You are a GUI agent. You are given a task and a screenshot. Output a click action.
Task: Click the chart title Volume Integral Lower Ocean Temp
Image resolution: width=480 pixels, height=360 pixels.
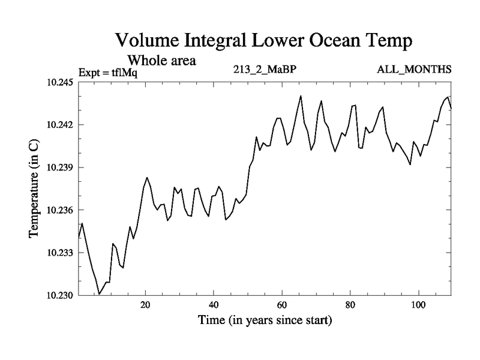click(265, 41)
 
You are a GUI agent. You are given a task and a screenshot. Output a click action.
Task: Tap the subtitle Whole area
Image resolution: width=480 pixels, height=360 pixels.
click(161, 61)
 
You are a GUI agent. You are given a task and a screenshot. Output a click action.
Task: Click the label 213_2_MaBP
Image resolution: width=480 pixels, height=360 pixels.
click(265, 69)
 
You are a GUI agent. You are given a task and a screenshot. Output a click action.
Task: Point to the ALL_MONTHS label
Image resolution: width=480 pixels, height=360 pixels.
click(414, 69)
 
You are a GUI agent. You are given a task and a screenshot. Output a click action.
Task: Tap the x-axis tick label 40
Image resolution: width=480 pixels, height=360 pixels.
click(214, 305)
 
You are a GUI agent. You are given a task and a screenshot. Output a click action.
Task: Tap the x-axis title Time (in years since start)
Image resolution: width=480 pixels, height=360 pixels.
click(265, 320)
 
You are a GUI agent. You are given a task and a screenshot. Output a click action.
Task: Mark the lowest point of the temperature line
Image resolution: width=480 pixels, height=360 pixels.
click(100, 294)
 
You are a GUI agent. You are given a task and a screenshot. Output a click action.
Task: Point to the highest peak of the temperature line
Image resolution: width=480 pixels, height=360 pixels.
click(301, 96)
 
